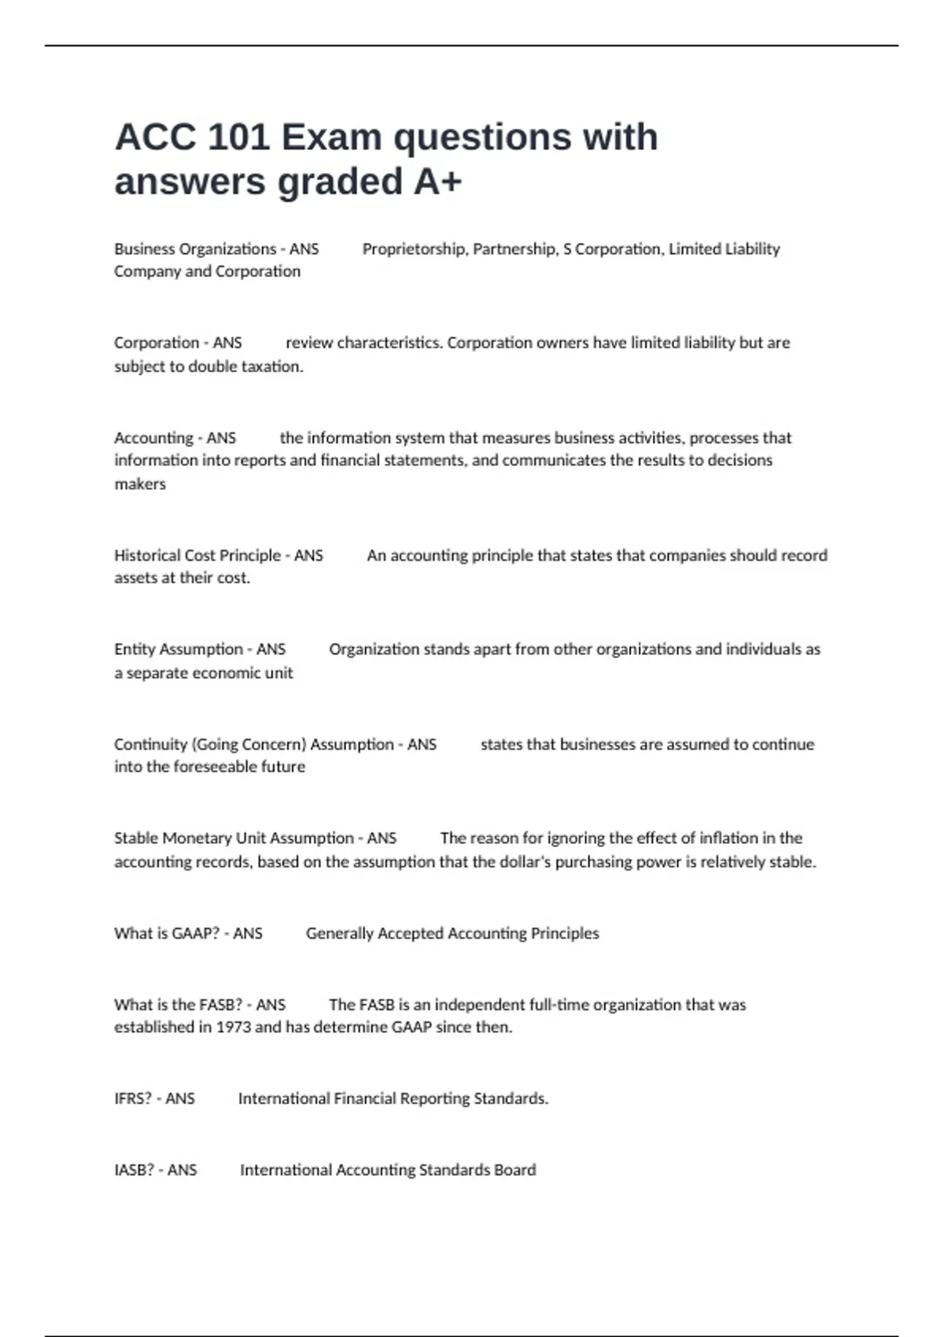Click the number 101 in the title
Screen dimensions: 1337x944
[238, 138]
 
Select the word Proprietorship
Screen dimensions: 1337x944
[414, 249]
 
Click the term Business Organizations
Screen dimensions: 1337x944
[195, 249]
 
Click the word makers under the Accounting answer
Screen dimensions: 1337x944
[140, 484]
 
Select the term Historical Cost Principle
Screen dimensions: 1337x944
[197, 555]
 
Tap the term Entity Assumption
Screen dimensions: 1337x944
[179, 650]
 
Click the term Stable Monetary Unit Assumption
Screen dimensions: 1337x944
[234, 838]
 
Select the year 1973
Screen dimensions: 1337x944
[233, 1027]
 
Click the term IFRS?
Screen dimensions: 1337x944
[133, 1099]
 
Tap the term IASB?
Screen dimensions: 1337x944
[134, 1170]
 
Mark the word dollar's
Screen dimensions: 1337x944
[522, 862]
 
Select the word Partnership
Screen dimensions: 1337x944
[514, 249]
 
